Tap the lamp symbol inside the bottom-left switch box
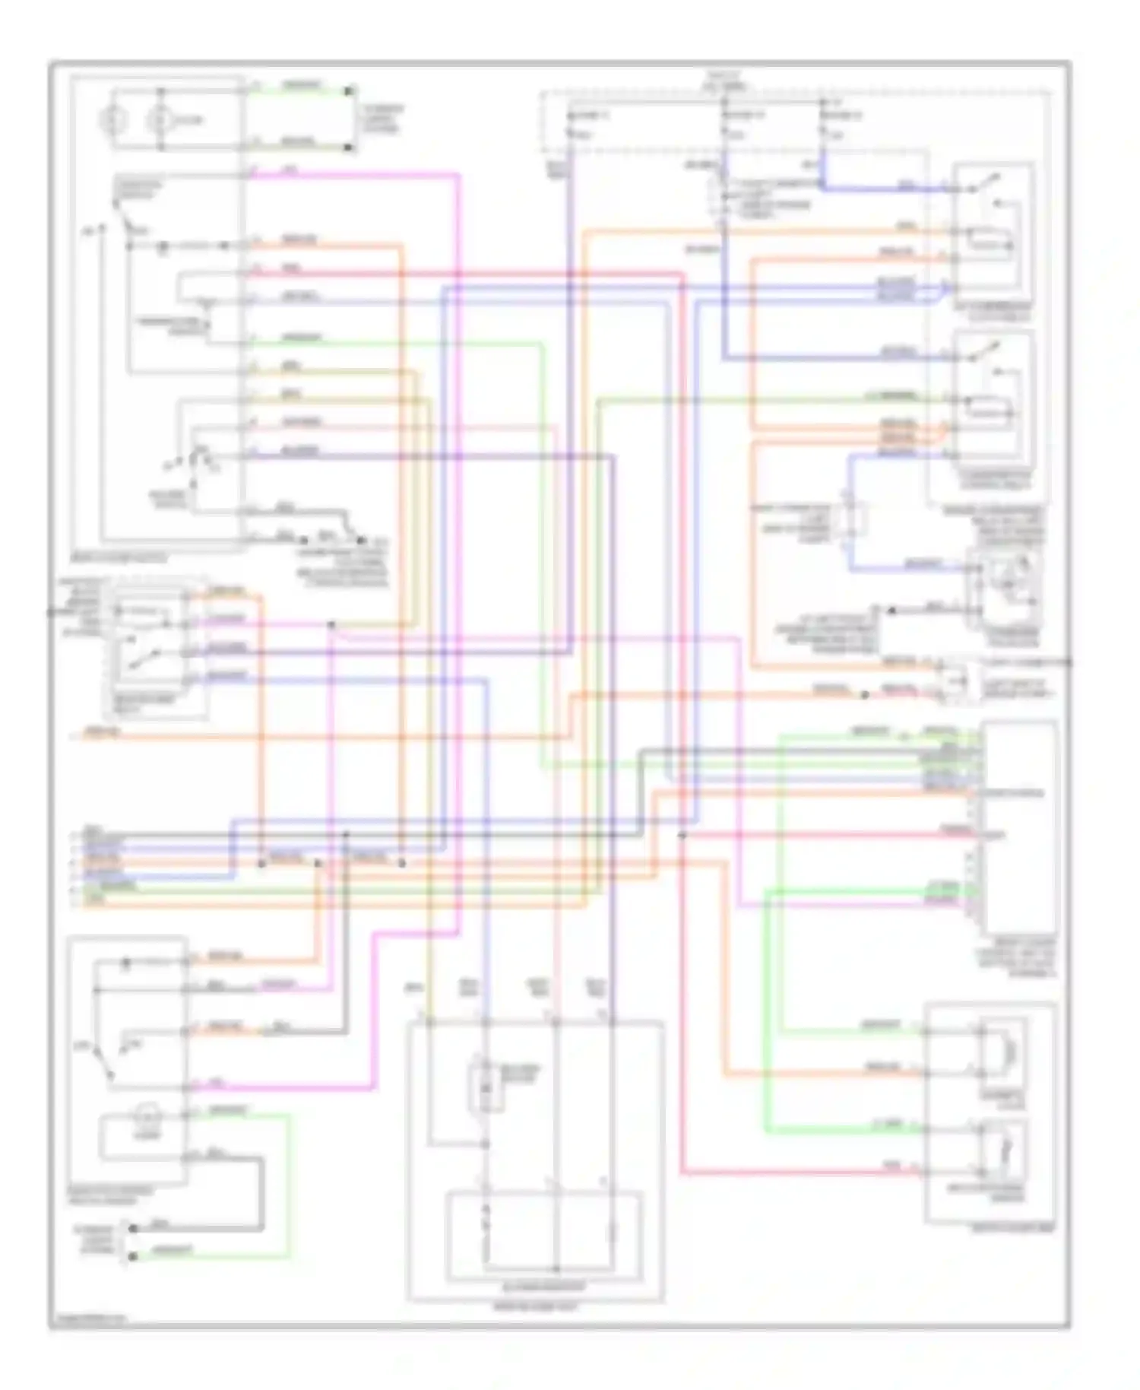pyautogui.click(x=144, y=1115)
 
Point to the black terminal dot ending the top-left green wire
pyautogui.click(x=350, y=91)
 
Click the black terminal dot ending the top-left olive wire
pyautogui.click(x=350, y=147)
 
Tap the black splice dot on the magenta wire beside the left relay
pyautogui.click(x=331, y=625)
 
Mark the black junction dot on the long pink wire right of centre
pyautogui.click(x=682, y=835)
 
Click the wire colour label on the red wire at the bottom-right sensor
pyautogui.click(x=890, y=1165)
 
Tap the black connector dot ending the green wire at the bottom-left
pyautogui.click(x=132, y=1256)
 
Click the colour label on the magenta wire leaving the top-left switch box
pyautogui.click(x=288, y=170)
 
